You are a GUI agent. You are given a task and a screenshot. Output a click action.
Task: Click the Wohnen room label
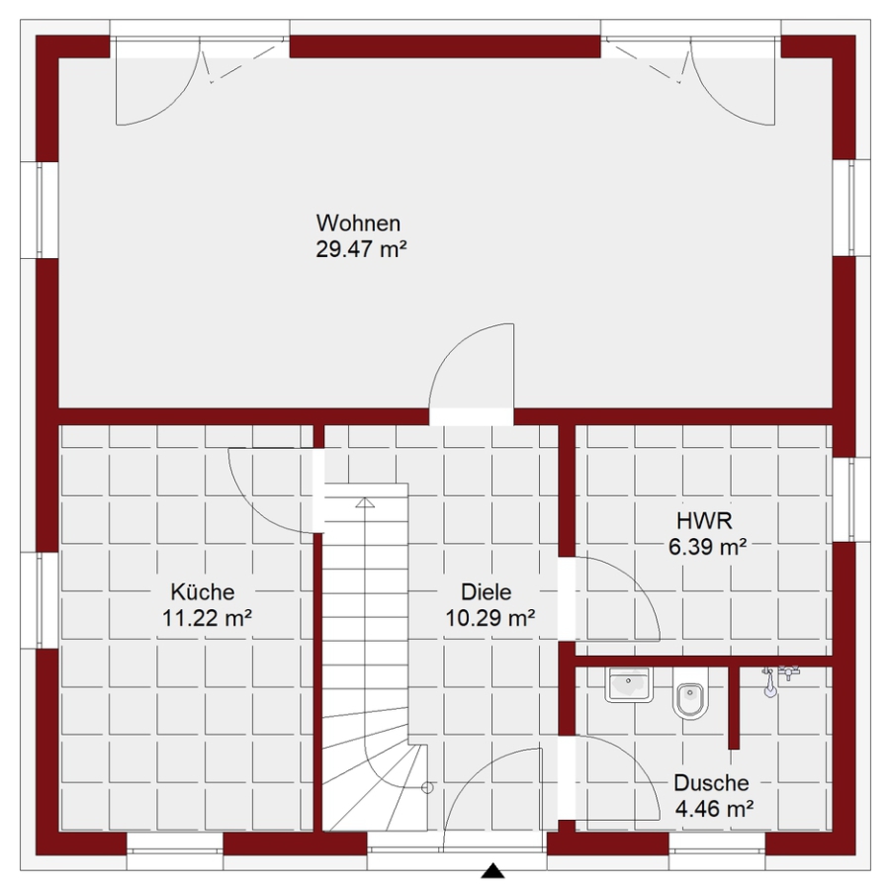[358, 223]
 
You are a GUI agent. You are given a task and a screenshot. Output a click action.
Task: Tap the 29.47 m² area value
[361, 249]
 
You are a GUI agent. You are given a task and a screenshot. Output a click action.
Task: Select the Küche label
[203, 592]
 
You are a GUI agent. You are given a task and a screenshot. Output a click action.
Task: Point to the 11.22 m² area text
[208, 617]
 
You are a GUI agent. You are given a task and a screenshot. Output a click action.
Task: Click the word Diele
[487, 592]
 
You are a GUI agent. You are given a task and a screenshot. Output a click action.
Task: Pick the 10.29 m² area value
[489, 617]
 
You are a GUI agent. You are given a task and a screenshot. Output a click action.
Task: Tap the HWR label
[704, 520]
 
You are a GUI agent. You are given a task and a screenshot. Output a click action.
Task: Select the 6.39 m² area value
[707, 547]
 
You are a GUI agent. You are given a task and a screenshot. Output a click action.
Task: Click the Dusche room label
[711, 783]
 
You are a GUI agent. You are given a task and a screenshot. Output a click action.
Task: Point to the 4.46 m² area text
[714, 808]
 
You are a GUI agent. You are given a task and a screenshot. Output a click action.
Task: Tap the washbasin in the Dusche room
[628, 685]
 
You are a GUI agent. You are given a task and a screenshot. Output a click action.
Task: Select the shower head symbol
[769, 682]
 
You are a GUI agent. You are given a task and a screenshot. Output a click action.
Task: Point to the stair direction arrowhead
[365, 502]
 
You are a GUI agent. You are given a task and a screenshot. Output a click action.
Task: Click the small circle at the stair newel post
[428, 788]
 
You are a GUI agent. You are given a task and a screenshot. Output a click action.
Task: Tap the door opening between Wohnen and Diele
[471, 416]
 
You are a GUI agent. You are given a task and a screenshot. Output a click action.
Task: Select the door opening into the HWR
[567, 599]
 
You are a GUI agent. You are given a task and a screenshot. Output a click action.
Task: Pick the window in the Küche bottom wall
[175, 844]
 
